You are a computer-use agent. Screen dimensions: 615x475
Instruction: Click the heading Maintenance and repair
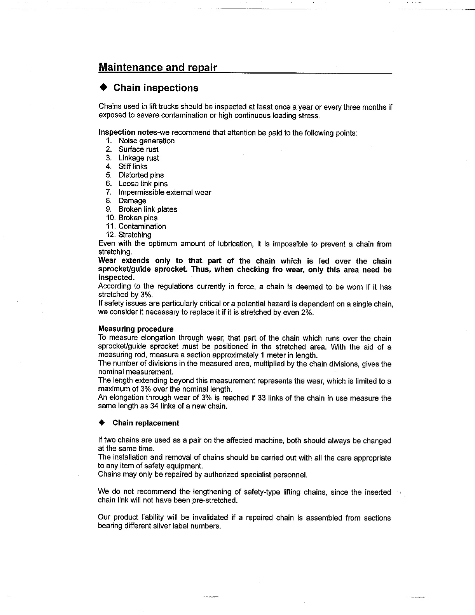click(x=157, y=67)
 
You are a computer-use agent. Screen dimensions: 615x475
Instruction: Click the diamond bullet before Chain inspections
click(x=103, y=88)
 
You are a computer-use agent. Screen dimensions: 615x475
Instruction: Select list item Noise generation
click(x=146, y=141)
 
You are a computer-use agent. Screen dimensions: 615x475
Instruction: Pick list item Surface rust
click(x=138, y=149)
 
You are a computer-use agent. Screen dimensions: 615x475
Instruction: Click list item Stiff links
click(x=133, y=167)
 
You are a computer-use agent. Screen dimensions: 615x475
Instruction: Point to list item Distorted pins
click(x=141, y=175)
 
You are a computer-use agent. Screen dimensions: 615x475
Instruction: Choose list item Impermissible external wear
click(x=165, y=192)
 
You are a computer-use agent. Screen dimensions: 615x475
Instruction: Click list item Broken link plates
click(x=148, y=209)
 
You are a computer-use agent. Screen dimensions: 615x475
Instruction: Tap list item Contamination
click(x=142, y=227)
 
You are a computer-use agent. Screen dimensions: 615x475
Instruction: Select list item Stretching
click(x=134, y=235)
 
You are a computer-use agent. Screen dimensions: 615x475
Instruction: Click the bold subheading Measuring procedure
click(x=136, y=329)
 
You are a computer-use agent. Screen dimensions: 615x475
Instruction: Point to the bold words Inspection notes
click(x=122, y=132)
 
